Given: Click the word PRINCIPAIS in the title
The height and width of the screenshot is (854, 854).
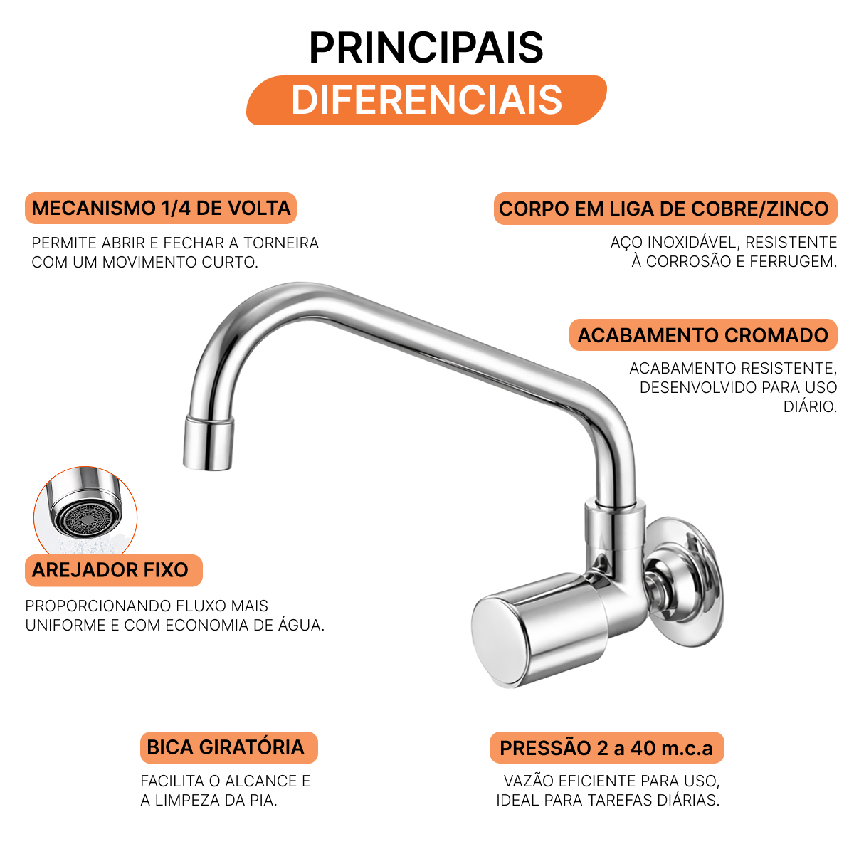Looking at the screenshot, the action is point(426,48).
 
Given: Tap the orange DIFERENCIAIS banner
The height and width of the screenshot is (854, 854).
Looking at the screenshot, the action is point(426,100).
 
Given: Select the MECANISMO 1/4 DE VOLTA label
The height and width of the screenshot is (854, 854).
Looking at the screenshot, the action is point(160,209).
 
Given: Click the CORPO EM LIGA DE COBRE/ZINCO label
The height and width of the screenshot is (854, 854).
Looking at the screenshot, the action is point(665,209).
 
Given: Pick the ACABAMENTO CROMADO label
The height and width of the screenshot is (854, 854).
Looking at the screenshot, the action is point(703,335).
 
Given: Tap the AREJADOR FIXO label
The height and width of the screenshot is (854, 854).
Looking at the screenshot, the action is point(113,570).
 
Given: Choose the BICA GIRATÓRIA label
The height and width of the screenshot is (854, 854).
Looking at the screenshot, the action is point(228,747).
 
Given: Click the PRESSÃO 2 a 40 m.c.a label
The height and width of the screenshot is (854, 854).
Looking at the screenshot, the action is point(607,748).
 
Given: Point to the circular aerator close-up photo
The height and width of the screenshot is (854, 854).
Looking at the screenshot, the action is point(85,510).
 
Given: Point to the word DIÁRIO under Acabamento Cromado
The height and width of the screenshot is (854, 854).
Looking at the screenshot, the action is point(810,406).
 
